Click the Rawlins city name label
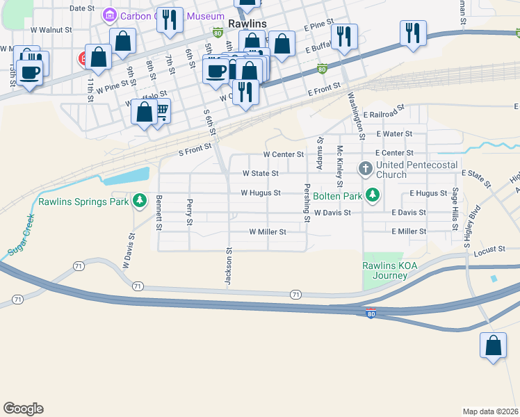click(x=247, y=23)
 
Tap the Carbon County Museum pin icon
click(x=109, y=15)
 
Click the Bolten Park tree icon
click(x=373, y=195)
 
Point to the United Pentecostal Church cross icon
click(x=365, y=168)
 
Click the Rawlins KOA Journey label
click(x=384, y=270)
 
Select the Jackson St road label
click(x=227, y=265)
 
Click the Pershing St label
click(x=306, y=203)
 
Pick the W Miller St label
click(x=268, y=231)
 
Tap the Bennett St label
click(x=159, y=213)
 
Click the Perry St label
click(x=189, y=212)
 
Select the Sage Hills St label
click(x=455, y=205)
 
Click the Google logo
click(x=23, y=409)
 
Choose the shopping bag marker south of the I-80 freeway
click(x=493, y=345)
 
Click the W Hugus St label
click(x=261, y=193)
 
